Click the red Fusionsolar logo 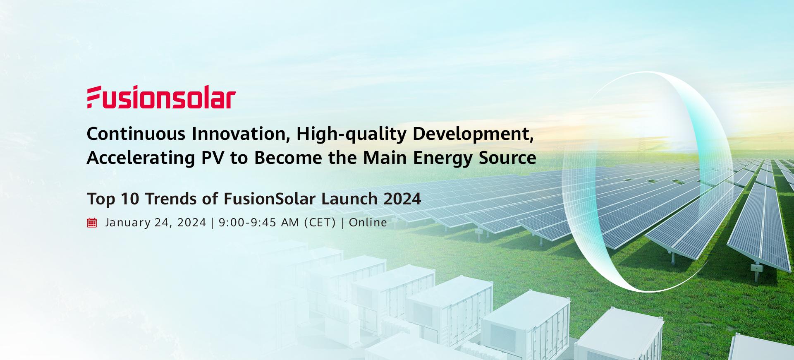click(161, 98)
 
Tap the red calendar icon click(92, 223)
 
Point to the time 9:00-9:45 click(247, 223)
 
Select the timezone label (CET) click(320, 223)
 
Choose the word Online click(368, 223)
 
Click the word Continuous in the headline click(136, 134)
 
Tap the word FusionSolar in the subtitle click(270, 199)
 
